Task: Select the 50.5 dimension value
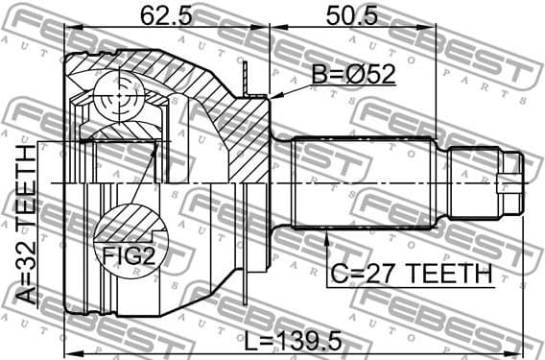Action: click(x=352, y=15)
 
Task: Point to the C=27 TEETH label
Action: click(x=411, y=275)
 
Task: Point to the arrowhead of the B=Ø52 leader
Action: click(x=274, y=96)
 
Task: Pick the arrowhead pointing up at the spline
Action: click(x=328, y=231)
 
